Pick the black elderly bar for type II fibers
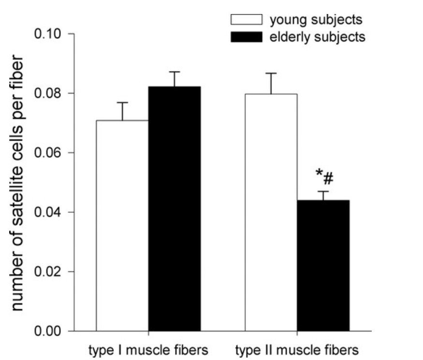(x=323, y=266)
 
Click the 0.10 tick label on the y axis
(x=50, y=34)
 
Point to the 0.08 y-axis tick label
(x=50, y=93)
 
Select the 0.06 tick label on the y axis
(x=50, y=153)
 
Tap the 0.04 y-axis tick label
(x=50, y=213)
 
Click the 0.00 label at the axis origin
(x=50, y=331)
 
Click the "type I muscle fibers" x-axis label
(x=147, y=350)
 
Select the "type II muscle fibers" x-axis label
(x=297, y=350)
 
